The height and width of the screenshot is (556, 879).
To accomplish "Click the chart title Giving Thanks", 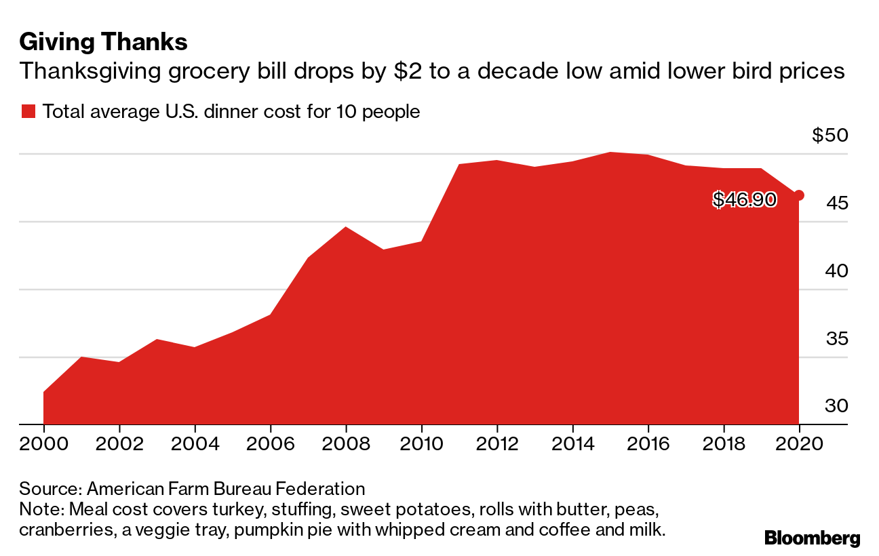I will click(103, 43).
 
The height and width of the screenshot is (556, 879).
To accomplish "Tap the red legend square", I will click(28, 112).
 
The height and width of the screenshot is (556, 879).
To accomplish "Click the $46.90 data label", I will click(744, 199).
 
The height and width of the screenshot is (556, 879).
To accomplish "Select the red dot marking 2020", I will click(799, 195).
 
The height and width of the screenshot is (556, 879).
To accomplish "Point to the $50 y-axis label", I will click(829, 136).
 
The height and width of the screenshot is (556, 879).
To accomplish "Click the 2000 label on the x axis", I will click(43, 445).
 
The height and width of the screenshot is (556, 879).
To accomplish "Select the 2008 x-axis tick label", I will click(346, 445).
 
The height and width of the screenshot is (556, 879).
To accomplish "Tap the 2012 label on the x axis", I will click(497, 445).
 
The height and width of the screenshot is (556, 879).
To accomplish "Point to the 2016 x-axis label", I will click(648, 445).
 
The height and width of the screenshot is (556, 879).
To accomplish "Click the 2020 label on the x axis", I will click(799, 445).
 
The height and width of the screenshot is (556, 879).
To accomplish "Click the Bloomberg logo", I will click(812, 538).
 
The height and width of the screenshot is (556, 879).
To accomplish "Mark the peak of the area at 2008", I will click(346, 227).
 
